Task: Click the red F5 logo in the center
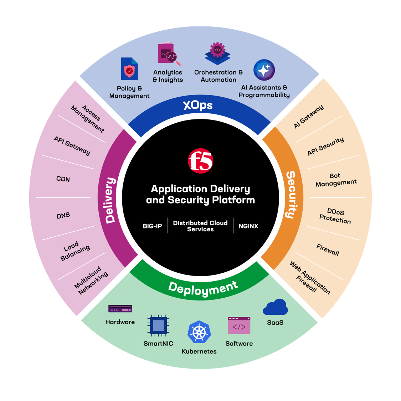(x=200, y=161)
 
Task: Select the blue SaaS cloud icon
(x=275, y=307)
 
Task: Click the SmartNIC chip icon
(x=158, y=325)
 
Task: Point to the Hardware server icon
(x=120, y=309)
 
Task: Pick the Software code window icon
(x=239, y=325)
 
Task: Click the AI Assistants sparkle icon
(x=264, y=70)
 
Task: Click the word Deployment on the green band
(x=203, y=288)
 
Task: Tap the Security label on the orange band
(x=291, y=194)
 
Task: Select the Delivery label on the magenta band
(x=110, y=200)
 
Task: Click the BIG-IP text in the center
(x=152, y=226)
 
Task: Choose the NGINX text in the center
(x=248, y=226)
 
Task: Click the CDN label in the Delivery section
(x=63, y=179)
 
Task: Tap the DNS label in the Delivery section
(x=63, y=216)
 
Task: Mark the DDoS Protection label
(x=335, y=216)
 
